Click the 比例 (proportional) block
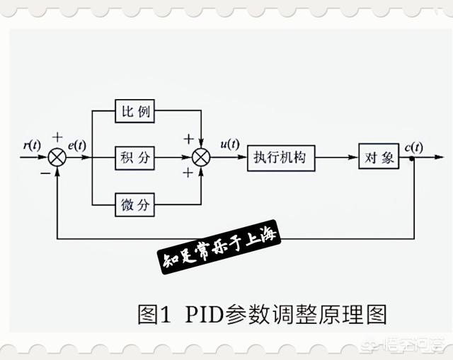coord(134,111)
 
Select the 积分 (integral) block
coord(134,158)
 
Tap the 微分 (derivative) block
coord(134,204)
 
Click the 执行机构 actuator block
coord(280,158)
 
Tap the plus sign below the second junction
coord(188,173)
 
